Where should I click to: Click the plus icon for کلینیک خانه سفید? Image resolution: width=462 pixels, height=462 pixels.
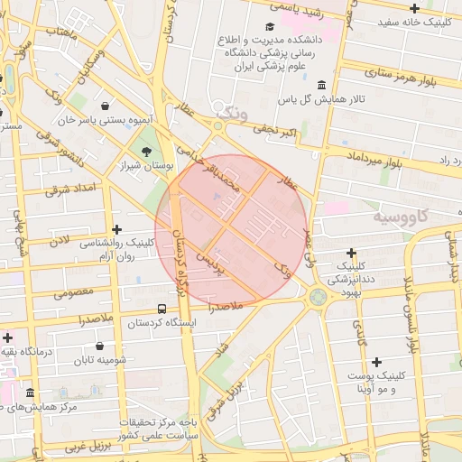(439, 8)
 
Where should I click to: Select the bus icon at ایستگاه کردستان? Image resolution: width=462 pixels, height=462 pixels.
(161, 308)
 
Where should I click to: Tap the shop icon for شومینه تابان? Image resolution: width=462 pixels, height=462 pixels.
(99, 346)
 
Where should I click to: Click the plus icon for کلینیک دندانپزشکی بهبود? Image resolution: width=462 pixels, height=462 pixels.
(351, 253)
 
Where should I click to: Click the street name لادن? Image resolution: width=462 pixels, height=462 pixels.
(59, 241)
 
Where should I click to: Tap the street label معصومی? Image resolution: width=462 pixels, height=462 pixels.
(74, 292)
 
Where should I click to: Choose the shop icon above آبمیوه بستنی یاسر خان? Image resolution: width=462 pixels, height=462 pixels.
(106, 106)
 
